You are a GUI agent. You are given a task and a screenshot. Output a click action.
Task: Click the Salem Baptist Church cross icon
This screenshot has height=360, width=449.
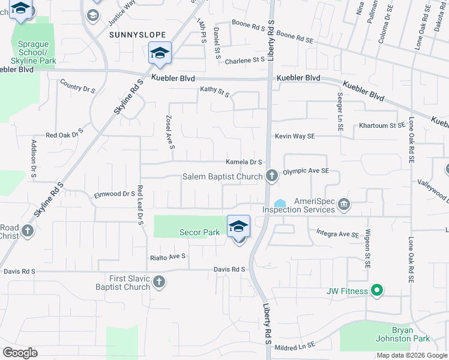[x=272, y=176]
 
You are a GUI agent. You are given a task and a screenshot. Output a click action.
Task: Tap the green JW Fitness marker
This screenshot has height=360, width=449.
[x=376, y=292]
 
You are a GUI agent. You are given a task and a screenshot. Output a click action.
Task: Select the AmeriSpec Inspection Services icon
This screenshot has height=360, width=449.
[x=344, y=205]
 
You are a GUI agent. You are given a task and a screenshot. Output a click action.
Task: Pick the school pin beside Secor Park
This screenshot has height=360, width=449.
[x=239, y=227]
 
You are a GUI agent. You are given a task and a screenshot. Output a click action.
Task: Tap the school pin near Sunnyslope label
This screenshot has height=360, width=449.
[x=160, y=54]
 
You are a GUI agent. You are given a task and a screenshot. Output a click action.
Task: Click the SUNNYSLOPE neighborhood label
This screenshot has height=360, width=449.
[x=133, y=35]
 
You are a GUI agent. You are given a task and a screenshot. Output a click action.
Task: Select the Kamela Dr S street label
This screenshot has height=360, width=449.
[x=244, y=162]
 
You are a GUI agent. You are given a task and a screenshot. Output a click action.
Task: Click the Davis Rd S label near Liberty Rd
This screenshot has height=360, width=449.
[x=230, y=269]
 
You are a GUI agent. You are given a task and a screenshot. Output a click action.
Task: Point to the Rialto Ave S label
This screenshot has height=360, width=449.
[x=167, y=256]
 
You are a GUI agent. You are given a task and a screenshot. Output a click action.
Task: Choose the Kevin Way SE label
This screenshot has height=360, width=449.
[x=295, y=136]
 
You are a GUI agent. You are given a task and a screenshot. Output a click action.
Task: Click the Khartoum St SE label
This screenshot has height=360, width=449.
[x=382, y=125]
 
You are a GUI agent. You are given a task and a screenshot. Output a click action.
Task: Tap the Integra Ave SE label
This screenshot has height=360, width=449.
[x=337, y=233]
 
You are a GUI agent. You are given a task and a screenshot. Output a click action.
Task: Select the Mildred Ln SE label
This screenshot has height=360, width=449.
[x=294, y=346]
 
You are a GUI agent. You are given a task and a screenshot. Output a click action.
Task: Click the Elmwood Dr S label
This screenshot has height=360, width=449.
[x=114, y=194]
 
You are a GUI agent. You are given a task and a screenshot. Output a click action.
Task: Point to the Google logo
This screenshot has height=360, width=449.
[x=20, y=353]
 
